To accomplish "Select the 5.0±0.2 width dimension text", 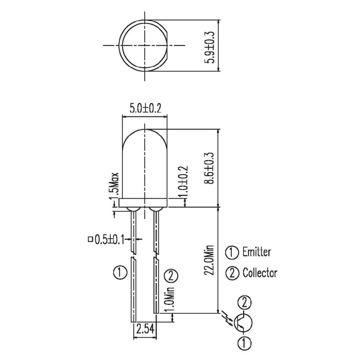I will pyautogui.click(x=145, y=108).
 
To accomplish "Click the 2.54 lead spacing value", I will pyautogui.click(x=145, y=328).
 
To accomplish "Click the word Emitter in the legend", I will pyautogui.click(x=257, y=252).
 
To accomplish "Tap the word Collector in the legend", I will pyautogui.click(x=260, y=273).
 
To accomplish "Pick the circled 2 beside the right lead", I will pyautogui.click(x=171, y=276).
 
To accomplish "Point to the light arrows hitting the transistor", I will pyautogui.click(x=226, y=316).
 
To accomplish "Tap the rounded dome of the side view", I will pyautogui.click(x=145, y=144).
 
